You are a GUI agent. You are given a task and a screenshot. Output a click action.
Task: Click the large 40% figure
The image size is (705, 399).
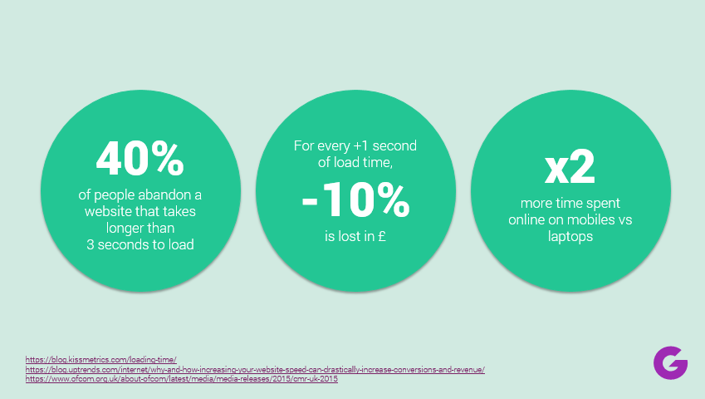(x=140, y=158)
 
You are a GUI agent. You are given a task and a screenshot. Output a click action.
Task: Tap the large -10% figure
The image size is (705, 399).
(x=355, y=200)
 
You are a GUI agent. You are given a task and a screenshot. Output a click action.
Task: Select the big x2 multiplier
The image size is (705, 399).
(x=570, y=167)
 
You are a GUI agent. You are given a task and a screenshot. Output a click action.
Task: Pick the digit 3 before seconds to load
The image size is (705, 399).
(x=91, y=244)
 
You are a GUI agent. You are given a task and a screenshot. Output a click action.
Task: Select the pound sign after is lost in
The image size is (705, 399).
(x=382, y=236)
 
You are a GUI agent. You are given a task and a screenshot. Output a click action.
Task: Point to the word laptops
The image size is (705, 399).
(x=570, y=237)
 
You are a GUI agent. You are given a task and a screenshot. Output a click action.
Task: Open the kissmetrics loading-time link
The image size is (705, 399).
(x=100, y=359)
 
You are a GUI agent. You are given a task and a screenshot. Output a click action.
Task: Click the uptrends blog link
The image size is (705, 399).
(x=255, y=369)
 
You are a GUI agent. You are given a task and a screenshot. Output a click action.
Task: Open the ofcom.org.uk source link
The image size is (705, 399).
(x=182, y=379)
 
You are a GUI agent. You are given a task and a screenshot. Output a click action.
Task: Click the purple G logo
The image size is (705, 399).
(x=670, y=362)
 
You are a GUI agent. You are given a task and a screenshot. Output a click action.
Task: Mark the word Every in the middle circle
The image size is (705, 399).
(x=333, y=146)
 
